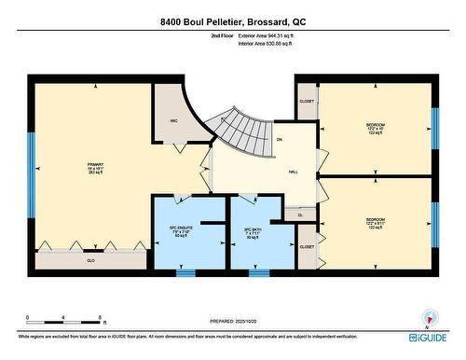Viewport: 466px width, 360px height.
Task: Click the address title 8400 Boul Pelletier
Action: point(233,21)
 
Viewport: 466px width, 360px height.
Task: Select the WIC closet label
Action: point(173,120)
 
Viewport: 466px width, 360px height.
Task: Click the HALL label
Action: point(293,172)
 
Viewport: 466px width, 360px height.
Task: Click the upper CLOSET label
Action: point(307,101)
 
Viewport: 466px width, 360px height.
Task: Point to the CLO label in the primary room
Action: point(90,260)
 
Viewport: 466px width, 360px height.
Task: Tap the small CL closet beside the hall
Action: point(300,215)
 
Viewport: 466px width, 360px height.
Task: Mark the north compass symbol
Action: point(429,317)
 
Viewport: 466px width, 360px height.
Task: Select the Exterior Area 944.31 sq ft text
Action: point(272,36)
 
